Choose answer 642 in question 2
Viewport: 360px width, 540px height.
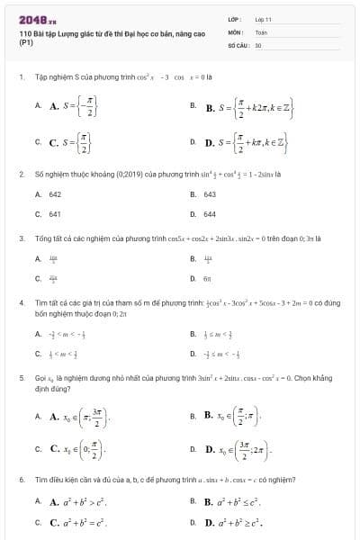(x=55, y=193)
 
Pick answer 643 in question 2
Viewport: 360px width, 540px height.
(x=210, y=193)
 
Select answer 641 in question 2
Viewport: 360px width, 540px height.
(x=55, y=214)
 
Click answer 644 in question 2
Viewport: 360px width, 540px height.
(x=210, y=214)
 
